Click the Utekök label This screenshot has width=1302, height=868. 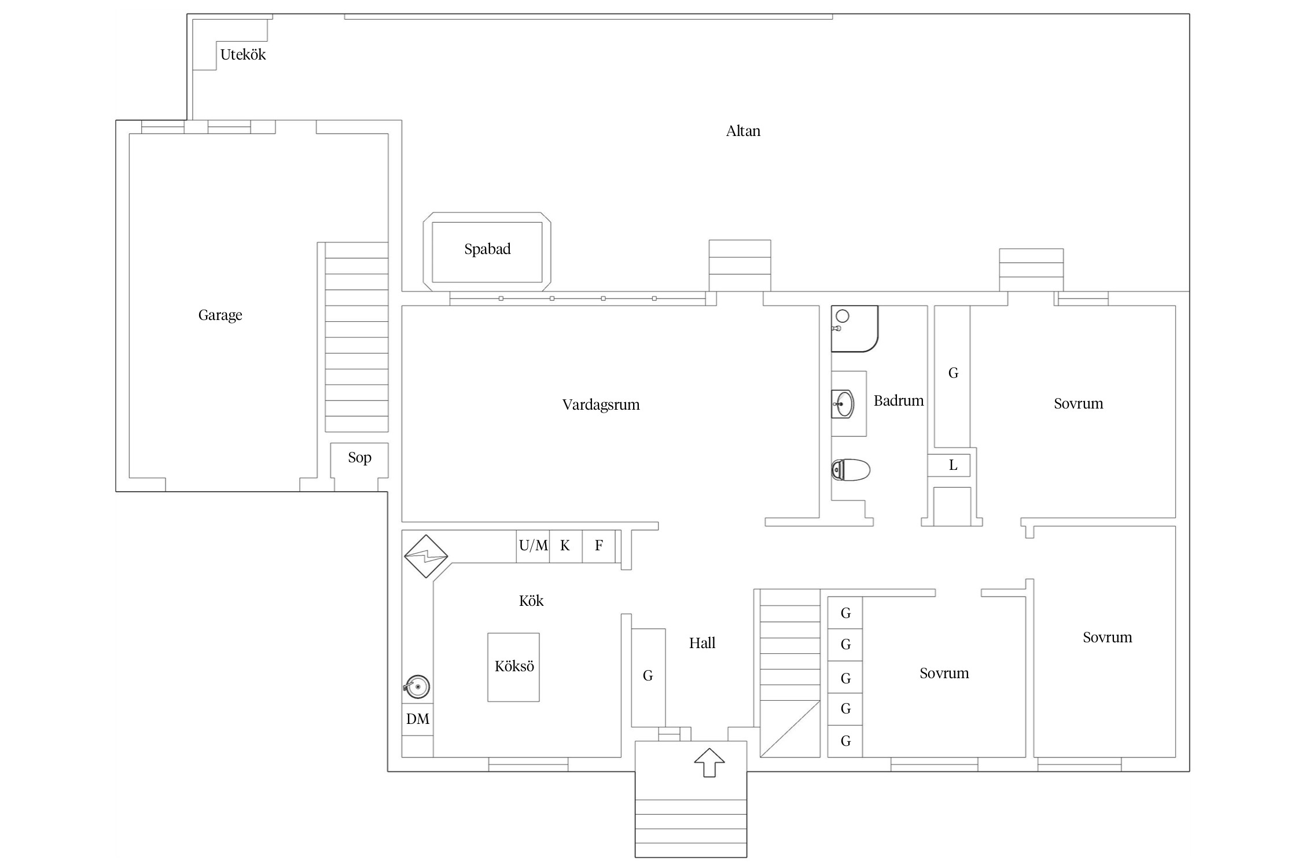[x=243, y=55]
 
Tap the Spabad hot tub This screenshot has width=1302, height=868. [x=487, y=252]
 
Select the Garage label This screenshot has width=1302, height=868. [x=220, y=315]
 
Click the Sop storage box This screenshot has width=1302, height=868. [x=359, y=461]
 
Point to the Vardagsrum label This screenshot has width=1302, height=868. [x=601, y=404]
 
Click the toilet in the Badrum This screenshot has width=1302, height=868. [x=851, y=470]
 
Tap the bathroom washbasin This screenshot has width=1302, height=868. [x=843, y=404]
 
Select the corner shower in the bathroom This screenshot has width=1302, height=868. [x=855, y=329]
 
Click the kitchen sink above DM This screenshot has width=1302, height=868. [x=417, y=687]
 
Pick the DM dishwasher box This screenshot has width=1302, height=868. [x=418, y=719]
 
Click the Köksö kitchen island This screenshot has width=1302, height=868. [x=514, y=667]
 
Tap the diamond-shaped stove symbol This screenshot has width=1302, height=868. [x=426, y=556]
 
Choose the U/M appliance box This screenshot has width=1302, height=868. [x=533, y=546]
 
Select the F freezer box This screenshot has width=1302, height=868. [x=599, y=546]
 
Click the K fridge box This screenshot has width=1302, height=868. [x=566, y=546]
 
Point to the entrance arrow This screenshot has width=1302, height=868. [x=709, y=763]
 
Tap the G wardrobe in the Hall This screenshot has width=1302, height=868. [x=648, y=678]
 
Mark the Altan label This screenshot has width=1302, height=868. [x=744, y=131]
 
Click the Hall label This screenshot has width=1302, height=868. [x=703, y=643]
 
